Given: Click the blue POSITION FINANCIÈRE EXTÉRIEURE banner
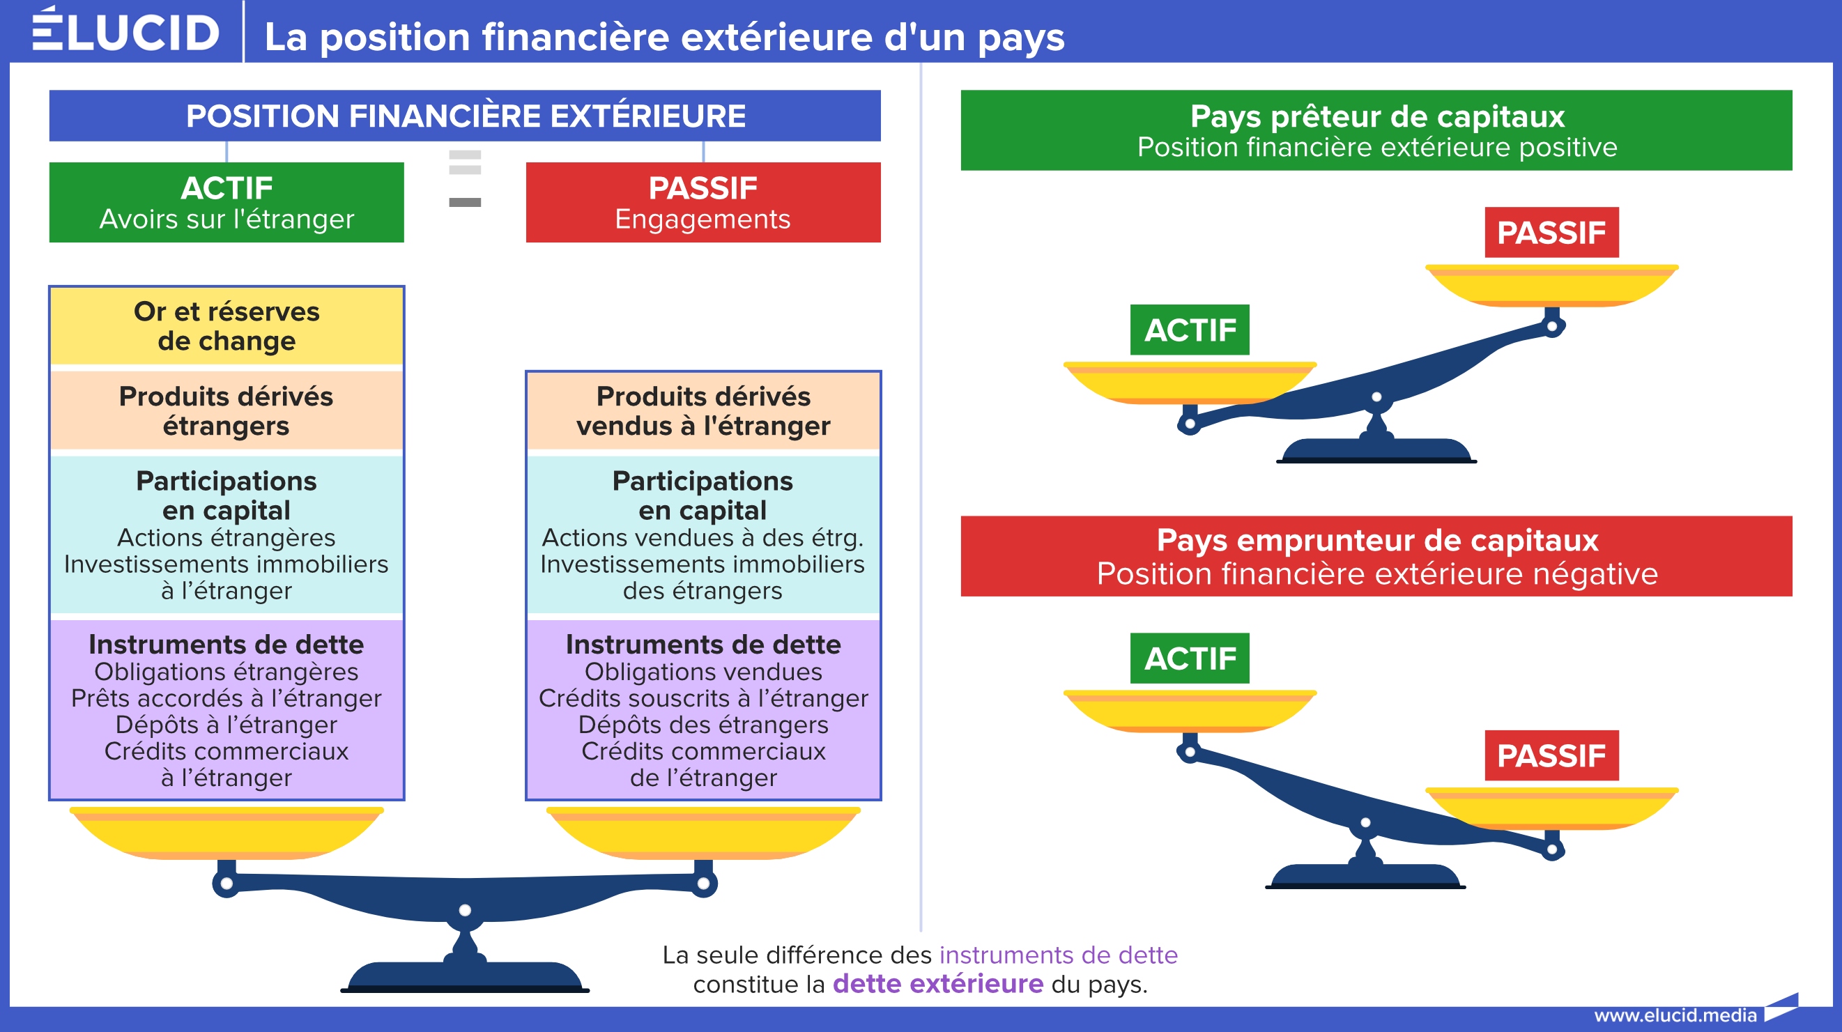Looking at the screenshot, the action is click(x=465, y=115).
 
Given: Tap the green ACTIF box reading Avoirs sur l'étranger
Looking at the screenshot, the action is click(x=227, y=202).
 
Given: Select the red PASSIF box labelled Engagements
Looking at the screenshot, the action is click(x=703, y=202).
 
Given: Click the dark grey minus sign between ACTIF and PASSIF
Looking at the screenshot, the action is click(x=465, y=202).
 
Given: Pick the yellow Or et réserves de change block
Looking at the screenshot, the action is click(x=227, y=326).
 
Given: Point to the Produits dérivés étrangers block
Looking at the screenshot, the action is click(x=227, y=410).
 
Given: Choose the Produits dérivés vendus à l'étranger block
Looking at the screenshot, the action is click(x=703, y=410).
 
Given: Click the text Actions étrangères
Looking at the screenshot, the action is click(x=227, y=537).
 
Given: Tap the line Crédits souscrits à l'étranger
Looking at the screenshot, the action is click(x=703, y=698).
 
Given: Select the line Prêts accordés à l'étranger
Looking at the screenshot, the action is click(x=227, y=698).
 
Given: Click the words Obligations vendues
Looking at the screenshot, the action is click(x=703, y=672).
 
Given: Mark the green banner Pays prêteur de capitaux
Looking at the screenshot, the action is click(x=1376, y=130).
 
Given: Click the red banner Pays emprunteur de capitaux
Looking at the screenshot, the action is click(x=1376, y=556).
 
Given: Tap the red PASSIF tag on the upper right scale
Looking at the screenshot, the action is click(x=1551, y=233).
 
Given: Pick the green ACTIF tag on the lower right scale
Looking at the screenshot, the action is click(x=1190, y=658).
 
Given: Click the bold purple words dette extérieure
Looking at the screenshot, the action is click(x=938, y=984).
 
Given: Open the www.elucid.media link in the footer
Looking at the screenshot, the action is click(x=1675, y=1015).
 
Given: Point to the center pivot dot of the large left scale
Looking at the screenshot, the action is click(x=465, y=911).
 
